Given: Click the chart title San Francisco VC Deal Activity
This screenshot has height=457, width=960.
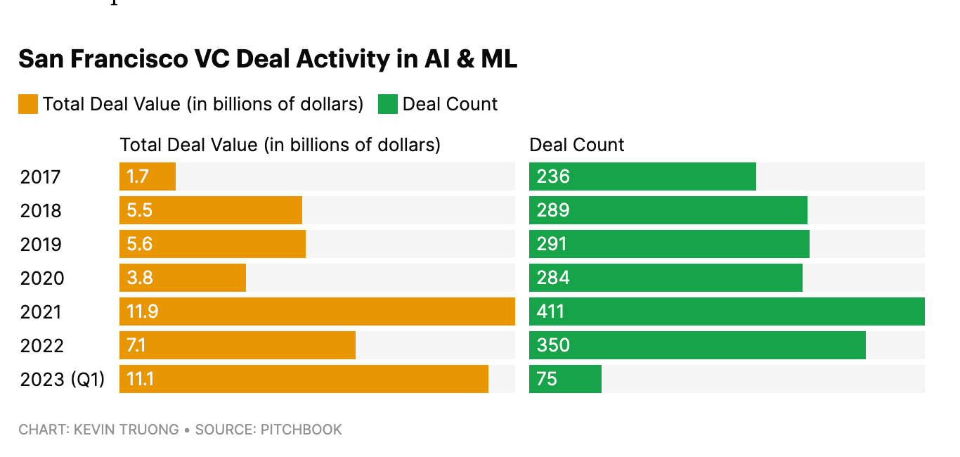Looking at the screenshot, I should [x=267, y=59].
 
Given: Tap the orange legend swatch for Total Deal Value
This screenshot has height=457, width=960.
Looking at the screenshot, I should [x=28, y=104].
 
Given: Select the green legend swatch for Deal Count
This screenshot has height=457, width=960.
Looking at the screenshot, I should [x=388, y=104].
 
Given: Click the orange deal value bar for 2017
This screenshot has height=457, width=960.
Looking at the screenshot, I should [x=148, y=176].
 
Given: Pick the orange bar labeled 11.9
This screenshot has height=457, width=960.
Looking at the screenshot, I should [x=317, y=311].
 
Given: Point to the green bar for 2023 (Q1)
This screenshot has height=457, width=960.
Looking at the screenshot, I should [x=565, y=379].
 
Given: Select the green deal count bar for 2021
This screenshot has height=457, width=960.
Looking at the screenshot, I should [x=727, y=311].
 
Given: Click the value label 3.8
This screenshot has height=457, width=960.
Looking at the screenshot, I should [x=140, y=278].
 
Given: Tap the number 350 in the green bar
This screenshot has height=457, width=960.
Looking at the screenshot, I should [x=553, y=345].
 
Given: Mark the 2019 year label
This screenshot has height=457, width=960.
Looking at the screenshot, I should [x=41, y=245].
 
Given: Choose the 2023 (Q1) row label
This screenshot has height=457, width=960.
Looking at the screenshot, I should [x=62, y=380].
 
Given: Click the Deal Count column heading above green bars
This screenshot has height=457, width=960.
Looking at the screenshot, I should [x=576, y=145].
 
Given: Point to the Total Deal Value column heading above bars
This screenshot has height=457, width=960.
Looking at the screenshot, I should [x=280, y=145].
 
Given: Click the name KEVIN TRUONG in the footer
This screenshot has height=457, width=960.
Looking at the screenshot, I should [x=126, y=429].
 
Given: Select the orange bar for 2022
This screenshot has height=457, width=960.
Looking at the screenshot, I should [x=238, y=345].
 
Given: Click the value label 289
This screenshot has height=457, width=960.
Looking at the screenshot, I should [x=552, y=210].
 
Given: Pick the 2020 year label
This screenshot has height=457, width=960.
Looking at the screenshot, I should [x=42, y=278].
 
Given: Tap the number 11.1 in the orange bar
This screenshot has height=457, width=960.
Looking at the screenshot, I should [x=141, y=379].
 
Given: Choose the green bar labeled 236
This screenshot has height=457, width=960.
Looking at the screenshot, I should [x=642, y=176].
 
